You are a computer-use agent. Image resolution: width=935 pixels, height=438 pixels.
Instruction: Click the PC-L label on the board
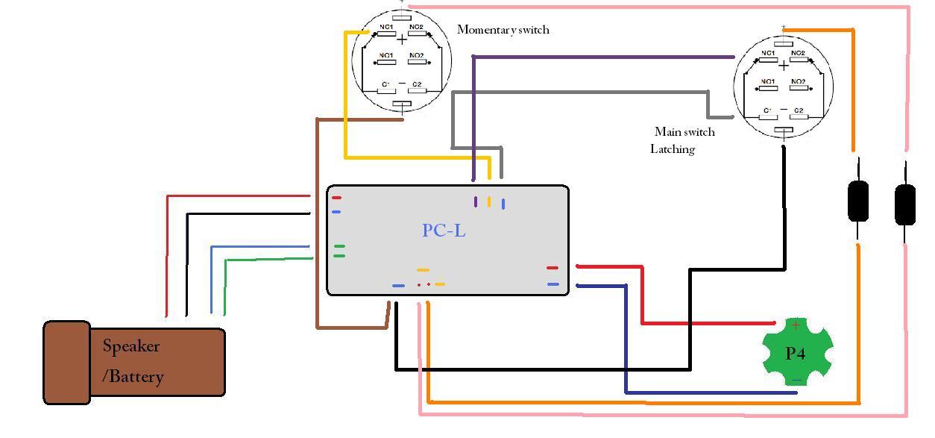(x=444, y=231)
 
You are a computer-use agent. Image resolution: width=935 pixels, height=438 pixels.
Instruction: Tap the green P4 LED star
(x=796, y=352)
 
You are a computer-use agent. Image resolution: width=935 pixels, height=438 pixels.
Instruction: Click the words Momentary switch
(x=503, y=30)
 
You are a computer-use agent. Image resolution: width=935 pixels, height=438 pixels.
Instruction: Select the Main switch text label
(x=684, y=132)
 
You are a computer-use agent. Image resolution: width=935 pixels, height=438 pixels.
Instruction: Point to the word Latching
(x=673, y=149)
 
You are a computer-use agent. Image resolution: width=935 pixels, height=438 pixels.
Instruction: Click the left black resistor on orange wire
(x=858, y=201)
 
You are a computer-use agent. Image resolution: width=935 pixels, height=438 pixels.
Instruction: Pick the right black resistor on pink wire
(x=904, y=204)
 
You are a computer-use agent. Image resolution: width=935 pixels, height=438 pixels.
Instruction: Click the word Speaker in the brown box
(x=131, y=346)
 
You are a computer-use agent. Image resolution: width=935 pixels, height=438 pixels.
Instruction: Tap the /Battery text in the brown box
(x=133, y=376)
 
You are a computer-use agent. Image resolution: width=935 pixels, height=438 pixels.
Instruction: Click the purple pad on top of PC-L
(x=476, y=201)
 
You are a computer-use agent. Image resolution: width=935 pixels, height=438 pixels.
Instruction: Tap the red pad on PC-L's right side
(x=552, y=268)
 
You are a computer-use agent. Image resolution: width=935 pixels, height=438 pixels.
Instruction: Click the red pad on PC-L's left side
(x=337, y=198)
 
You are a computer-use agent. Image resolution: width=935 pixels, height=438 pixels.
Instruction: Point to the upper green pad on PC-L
(x=339, y=245)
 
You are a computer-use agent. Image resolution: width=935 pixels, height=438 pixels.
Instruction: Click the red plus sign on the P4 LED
(x=796, y=325)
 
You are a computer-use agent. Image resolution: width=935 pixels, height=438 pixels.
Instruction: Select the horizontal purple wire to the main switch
(x=604, y=57)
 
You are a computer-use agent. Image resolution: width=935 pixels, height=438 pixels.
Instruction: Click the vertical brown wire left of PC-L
(x=318, y=224)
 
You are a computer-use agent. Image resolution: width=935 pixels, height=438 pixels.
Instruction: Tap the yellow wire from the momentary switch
(x=345, y=97)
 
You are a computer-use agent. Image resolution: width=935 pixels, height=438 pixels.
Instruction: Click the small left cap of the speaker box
(x=67, y=363)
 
